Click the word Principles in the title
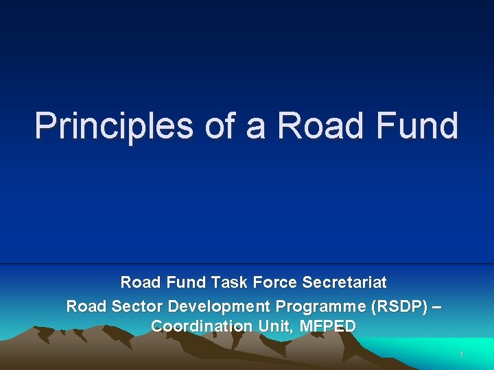point(114,126)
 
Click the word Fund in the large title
point(417,126)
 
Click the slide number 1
point(462,355)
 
